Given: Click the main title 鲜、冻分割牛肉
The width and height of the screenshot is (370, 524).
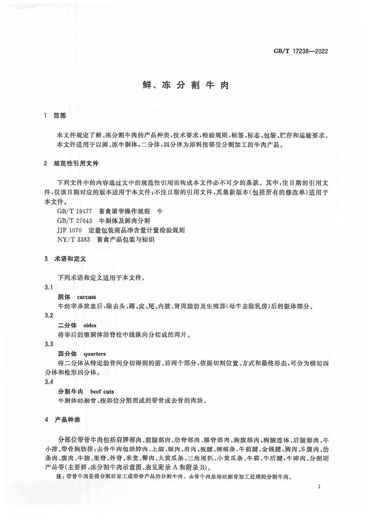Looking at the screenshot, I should [x=185, y=86].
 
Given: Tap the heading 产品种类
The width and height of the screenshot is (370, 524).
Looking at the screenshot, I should [x=68, y=420].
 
